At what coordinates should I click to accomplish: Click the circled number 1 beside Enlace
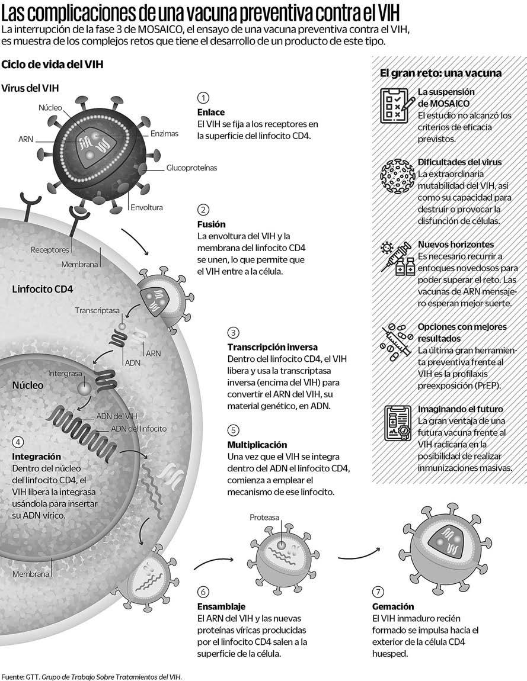coord(203,98)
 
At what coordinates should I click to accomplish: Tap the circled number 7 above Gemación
coord(379,592)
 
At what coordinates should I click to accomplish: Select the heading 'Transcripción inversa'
coord(273,347)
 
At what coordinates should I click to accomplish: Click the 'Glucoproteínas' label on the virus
coord(191,168)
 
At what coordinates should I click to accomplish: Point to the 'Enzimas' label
coord(164,134)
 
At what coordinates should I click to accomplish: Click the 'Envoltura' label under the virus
coord(146,208)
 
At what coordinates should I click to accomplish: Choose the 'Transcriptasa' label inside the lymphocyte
coord(97,310)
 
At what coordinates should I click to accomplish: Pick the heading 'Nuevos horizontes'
coord(455,245)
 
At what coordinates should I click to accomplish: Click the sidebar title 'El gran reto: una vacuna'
coord(440,73)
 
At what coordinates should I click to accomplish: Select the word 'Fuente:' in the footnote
coord(11,676)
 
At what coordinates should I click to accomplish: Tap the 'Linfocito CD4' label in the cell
coord(43,290)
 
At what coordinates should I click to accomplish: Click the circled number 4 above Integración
coord(18,442)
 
